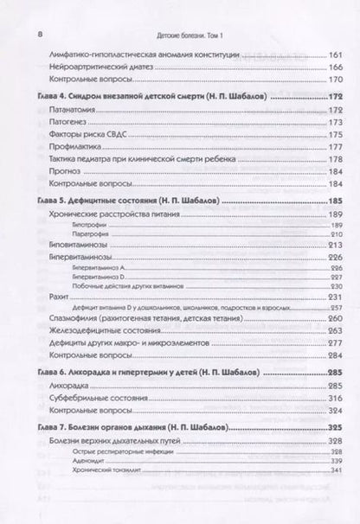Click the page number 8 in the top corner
pos(29,33)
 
